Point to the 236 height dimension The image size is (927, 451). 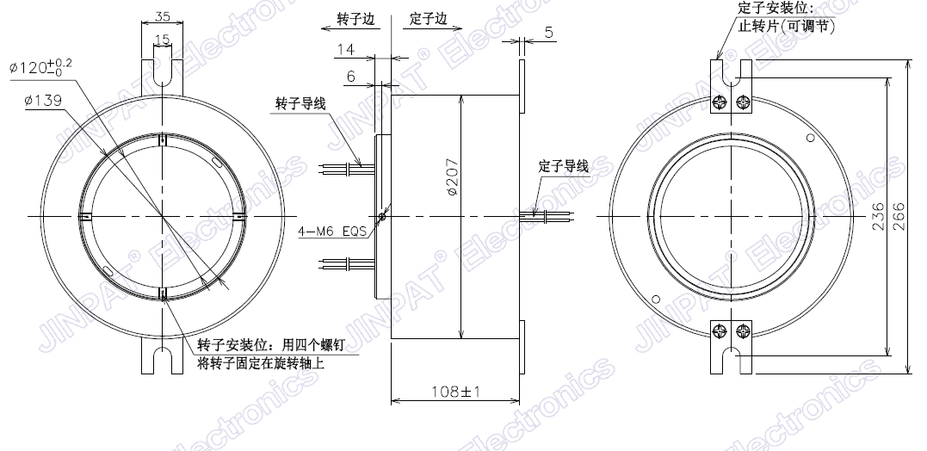click(x=878, y=216)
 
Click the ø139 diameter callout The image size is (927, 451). click(x=42, y=101)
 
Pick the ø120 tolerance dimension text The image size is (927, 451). click(x=40, y=67)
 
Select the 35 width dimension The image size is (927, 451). click(x=162, y=16)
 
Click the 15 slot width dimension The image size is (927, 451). click(x=162, y=40)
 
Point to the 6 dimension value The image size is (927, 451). click(x=351, y=77)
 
